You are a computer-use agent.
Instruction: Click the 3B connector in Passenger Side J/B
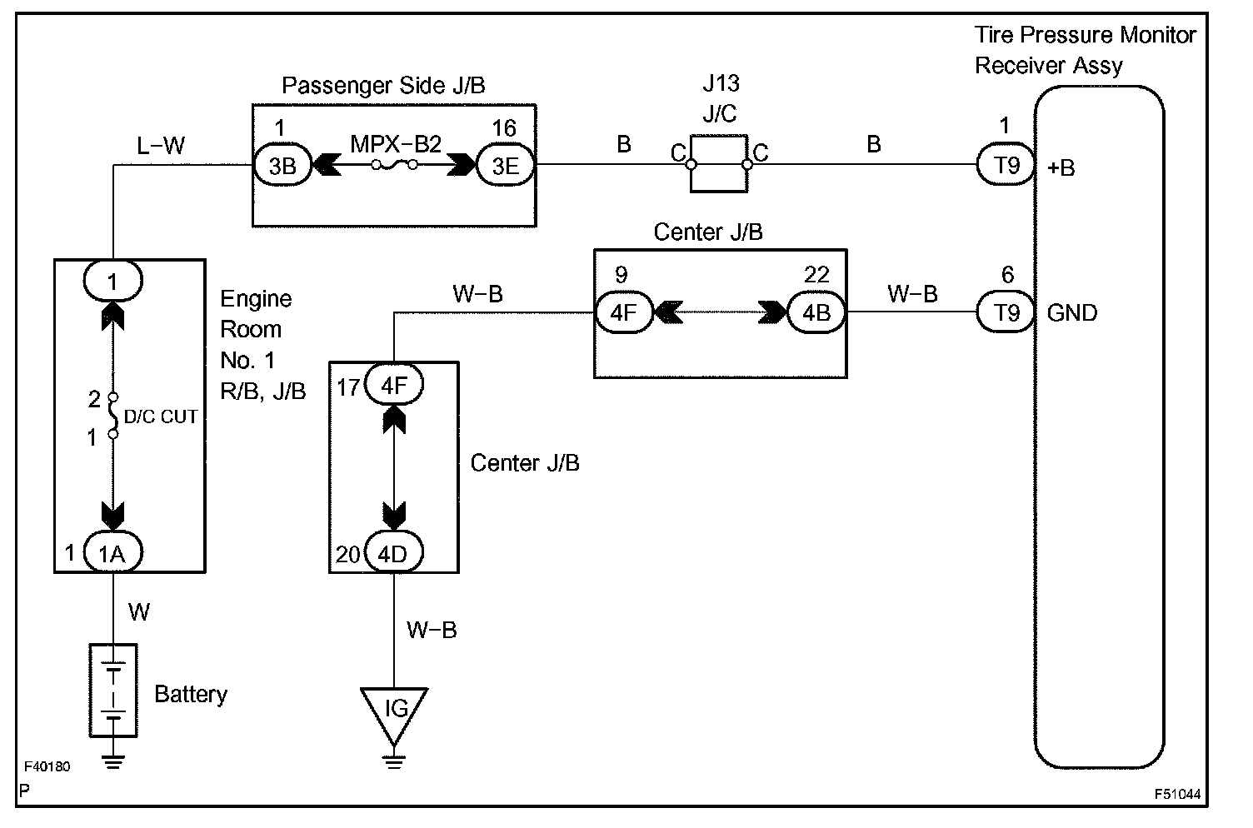(x=282, y=166)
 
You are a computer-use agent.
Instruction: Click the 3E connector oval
(x=505, y=166)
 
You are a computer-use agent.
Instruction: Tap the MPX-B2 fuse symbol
(x=394, y=165)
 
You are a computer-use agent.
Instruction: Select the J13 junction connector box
(x=719, y=164)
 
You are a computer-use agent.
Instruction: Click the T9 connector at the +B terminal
(x=1006, y=165)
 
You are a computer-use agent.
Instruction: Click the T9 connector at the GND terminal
(x=1006, y=312)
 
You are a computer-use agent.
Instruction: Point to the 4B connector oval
(x=816, y=312)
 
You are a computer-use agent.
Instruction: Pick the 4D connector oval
(x=393, y=552)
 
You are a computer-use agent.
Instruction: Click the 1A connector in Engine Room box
(x=112, y=552)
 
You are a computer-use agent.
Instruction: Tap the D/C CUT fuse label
(x=161, y=416)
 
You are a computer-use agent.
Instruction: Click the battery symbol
(x=113, y=691)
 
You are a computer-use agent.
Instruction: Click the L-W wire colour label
(x=161, y=146)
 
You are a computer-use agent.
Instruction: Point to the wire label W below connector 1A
(x=139, y=612)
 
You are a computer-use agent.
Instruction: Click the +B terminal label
(x=1061, y=167)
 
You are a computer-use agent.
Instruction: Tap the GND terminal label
(x=1071, y=312)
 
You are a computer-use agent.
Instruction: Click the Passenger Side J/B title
(x=383, y=86)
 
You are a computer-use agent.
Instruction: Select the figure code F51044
(x=1177, y=794)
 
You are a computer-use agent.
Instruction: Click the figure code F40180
(x=47, y=766)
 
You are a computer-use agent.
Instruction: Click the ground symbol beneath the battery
(x=113, y=761)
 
